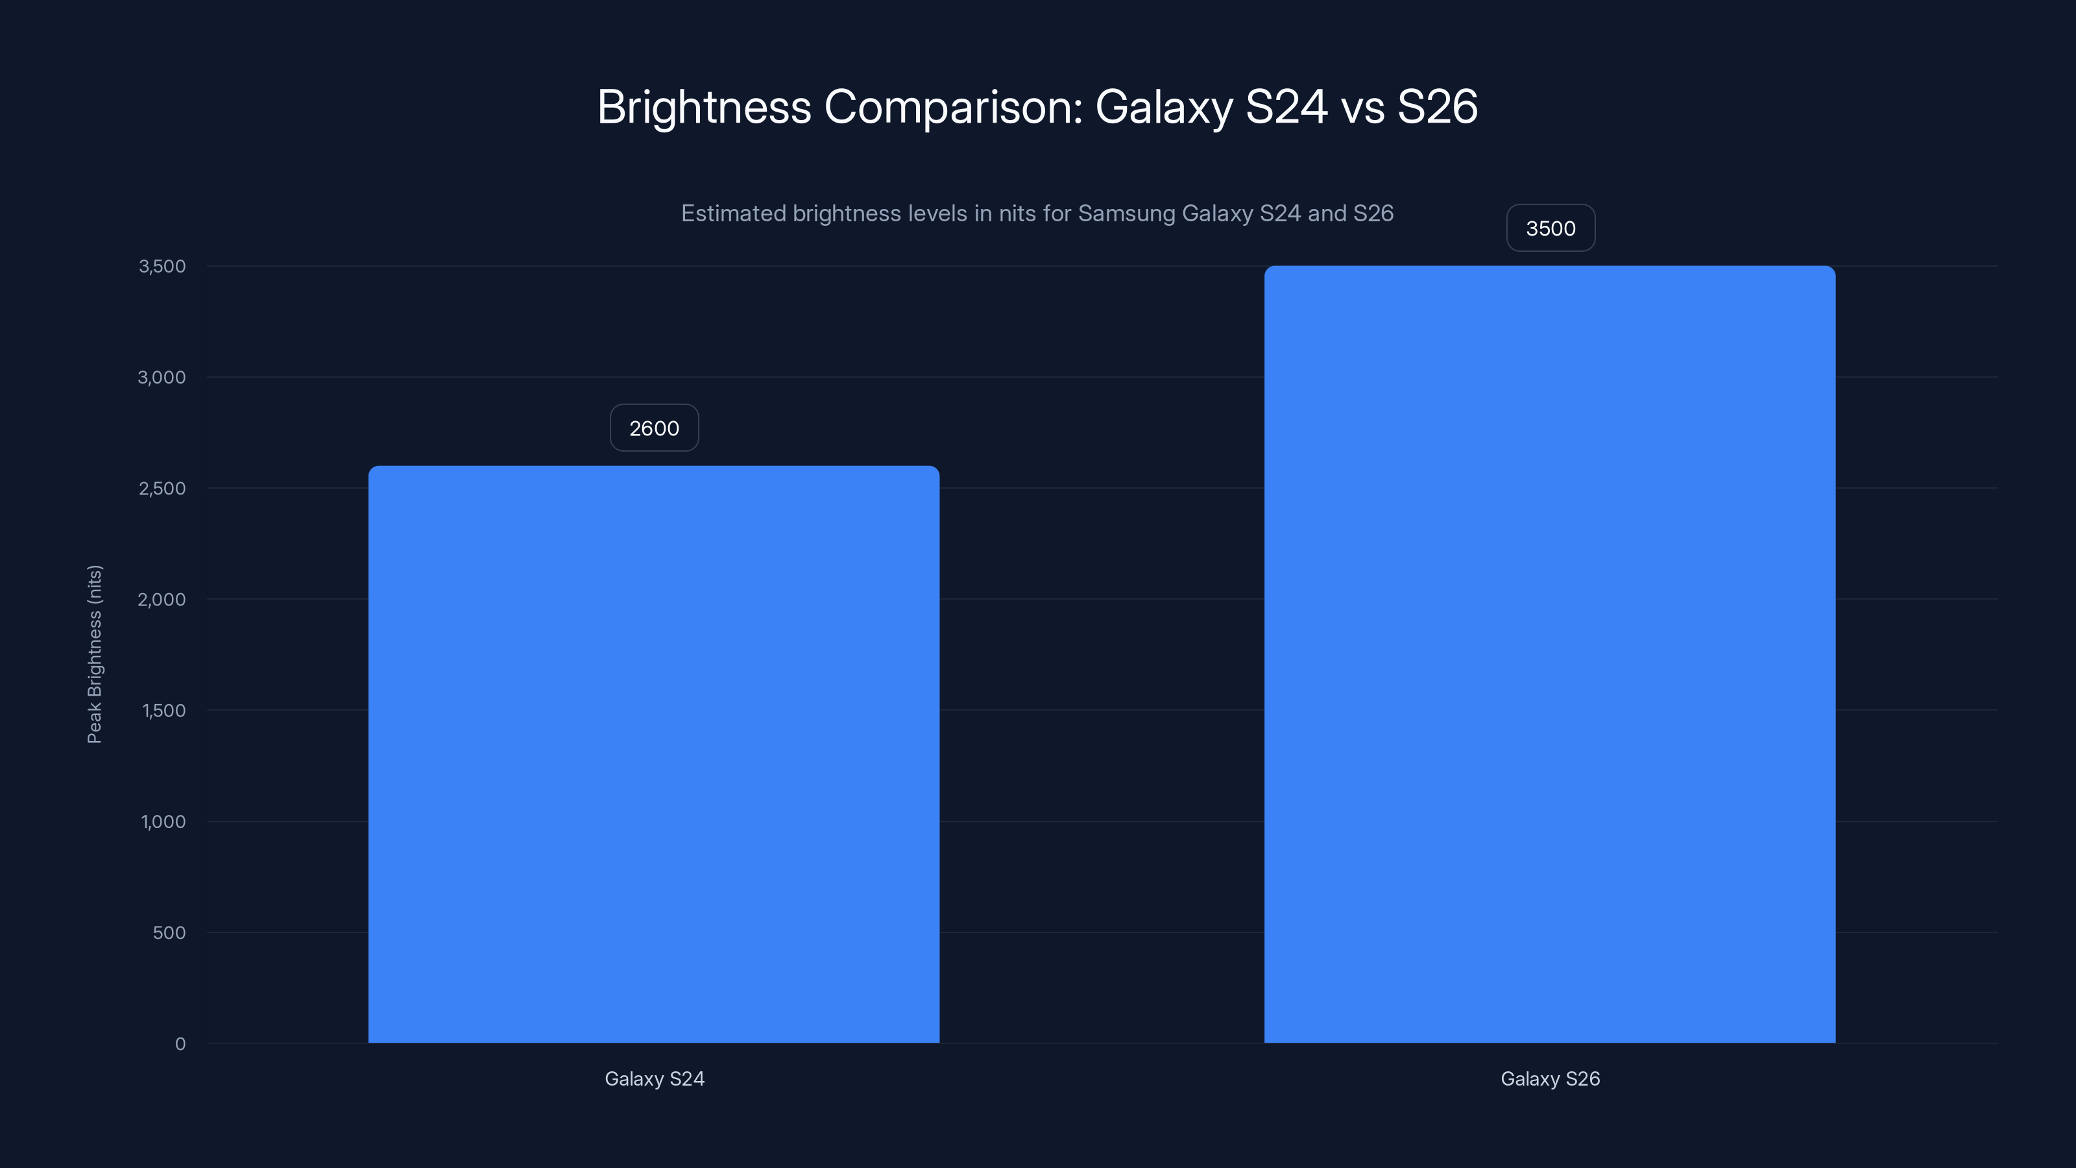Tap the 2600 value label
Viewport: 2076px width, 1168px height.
653,428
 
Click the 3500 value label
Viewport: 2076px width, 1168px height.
1550,228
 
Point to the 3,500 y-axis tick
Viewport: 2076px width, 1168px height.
162,266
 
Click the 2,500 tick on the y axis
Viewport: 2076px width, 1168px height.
162,489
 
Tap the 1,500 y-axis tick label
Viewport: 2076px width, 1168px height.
163,710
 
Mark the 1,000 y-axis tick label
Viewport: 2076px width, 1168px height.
163,821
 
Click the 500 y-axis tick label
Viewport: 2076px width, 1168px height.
169,932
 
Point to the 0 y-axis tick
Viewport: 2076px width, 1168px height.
180,1044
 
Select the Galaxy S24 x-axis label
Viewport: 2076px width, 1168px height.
653,1078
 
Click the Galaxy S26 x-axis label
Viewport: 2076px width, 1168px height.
1549,1078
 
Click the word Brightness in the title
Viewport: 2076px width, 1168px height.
703,106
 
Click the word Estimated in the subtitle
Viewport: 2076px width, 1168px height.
733,213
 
